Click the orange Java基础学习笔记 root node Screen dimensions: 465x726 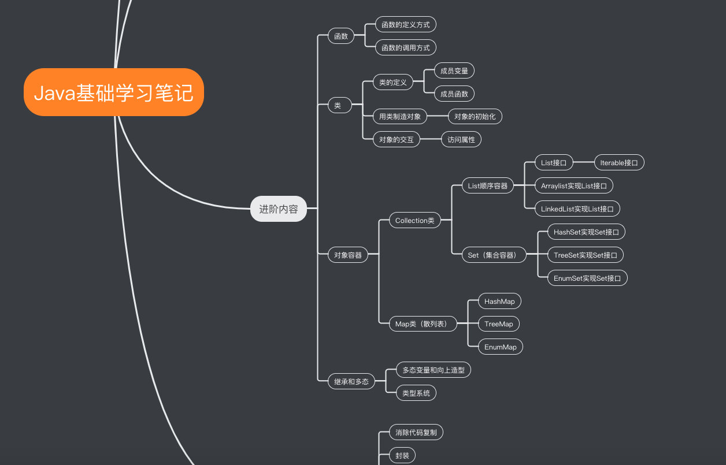[114, 92]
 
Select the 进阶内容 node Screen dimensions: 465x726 [278, 209]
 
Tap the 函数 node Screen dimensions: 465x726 [341, 36]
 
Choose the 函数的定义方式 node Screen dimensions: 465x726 [406, 24]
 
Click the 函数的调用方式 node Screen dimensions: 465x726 [406, 47]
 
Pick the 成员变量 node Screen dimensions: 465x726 [454, 70]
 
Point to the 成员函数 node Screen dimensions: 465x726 [454, 94]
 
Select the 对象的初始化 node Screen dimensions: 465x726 [475, 116]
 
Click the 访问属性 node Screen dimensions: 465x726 [461, 139]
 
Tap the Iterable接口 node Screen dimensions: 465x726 [619, 163]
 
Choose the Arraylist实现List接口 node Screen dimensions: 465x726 [573, 185]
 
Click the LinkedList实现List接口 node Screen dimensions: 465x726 [577, 209]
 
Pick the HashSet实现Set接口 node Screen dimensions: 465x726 [586, 232]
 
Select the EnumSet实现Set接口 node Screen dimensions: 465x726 [587, 278]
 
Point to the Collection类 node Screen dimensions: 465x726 [414, 220]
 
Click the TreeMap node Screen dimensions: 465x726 [498, 323]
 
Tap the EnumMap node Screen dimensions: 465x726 [500, 347]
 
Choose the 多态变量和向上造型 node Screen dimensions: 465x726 [434, 370]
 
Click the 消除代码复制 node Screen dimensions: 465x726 [416, 432]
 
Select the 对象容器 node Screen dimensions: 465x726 [348, 255]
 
